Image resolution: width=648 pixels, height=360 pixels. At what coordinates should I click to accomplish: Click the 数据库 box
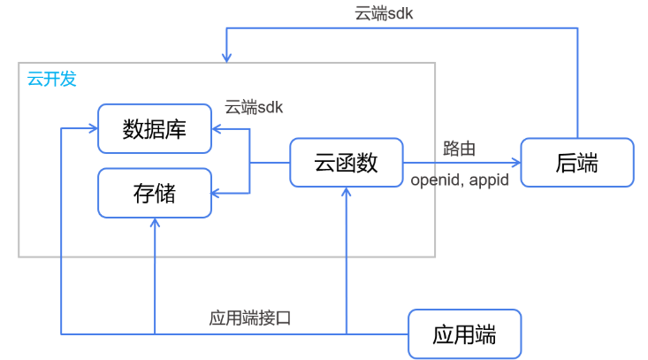[155, 128]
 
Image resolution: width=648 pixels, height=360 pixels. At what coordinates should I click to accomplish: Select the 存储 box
[155, 193]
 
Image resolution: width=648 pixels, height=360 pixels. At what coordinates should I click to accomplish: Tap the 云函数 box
[347, 163]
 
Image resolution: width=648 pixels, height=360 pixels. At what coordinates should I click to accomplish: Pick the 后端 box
[577, 163]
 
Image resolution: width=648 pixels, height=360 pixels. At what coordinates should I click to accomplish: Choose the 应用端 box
[464, 334]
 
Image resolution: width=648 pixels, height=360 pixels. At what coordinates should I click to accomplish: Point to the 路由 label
[460, 149]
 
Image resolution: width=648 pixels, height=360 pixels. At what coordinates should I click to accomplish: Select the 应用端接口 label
[250, 318]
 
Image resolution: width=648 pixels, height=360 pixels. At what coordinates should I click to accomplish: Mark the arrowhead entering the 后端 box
[515, 163]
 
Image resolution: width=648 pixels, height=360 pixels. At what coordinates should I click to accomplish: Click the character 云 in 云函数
[324, 163]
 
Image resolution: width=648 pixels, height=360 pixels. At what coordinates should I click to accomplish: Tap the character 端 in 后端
[588, 163]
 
